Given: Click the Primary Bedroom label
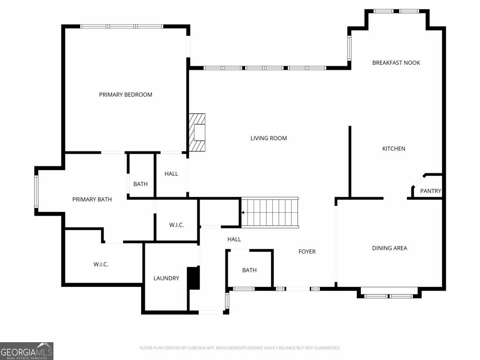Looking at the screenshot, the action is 126,95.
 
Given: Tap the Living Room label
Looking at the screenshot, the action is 269,138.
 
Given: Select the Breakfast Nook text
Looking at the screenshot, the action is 396,63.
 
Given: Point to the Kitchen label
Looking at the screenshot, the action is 394,149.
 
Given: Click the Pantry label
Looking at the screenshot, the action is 430,191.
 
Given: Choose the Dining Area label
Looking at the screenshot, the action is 390,248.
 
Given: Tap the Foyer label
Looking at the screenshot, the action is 307,252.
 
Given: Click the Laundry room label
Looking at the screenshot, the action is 166,278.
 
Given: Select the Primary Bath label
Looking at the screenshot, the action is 92,200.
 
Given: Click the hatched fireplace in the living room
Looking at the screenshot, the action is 197,132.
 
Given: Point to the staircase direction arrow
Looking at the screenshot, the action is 243,212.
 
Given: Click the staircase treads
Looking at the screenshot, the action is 270,212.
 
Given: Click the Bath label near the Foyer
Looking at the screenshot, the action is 249,270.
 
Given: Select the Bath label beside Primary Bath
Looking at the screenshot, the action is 140,184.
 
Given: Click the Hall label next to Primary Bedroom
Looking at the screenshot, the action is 171,174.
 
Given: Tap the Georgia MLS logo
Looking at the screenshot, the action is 27,351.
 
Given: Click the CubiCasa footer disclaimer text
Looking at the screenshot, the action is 240,348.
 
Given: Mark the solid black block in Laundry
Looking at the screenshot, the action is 193,278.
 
